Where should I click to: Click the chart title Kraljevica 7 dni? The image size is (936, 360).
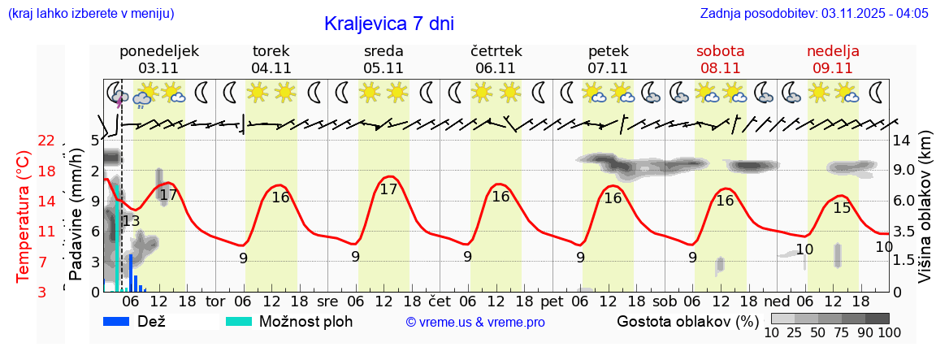point(388,24)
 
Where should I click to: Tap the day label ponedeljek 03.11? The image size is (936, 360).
point(158,59)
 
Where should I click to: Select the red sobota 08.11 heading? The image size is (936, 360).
point(720,59)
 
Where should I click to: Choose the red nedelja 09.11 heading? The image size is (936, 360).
point(832,59)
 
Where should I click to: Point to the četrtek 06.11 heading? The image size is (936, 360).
point(496,59)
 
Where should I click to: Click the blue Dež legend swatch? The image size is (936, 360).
point(118,321)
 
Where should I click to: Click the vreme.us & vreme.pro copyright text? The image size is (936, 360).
point(475,322)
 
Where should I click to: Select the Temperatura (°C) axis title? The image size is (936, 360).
point(24,215)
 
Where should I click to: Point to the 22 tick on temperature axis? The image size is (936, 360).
point(46,141)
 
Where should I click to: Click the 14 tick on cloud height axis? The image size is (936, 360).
point(902,139)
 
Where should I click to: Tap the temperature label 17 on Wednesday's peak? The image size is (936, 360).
point(389,189)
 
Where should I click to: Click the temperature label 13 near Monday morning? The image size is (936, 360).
point(131,220)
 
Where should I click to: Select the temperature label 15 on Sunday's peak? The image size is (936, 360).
point(843,207)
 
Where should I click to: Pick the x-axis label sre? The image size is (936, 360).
point(327,300)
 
